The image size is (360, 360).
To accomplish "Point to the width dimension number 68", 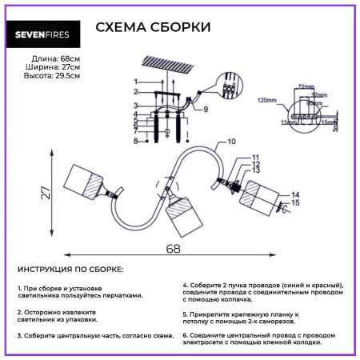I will (172, 249).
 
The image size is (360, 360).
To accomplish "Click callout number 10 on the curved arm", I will (232, 142).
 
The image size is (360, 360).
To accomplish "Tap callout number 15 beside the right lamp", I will (296, 202).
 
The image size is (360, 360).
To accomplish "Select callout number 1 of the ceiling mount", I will (136, 82).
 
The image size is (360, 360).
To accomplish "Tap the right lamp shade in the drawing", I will (262, 194).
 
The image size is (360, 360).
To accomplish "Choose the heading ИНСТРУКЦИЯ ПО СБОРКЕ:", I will (70, 270).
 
